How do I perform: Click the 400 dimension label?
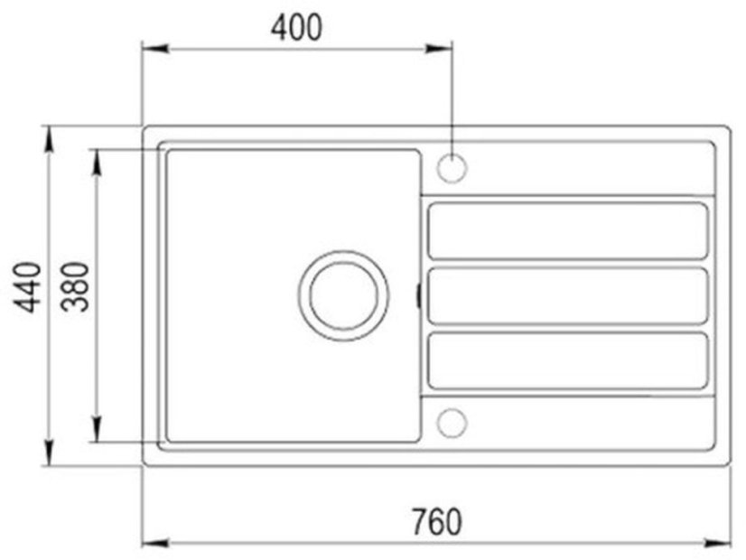click(296, 28)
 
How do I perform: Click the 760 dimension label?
click(436, 522)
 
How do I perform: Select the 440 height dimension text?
click(30, 287)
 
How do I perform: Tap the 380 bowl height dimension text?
click(76, 287)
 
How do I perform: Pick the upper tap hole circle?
click(451, 168)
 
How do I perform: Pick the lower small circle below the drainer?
click(451, 422)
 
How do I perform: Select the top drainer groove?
click(566, 231)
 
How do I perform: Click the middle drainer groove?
click(566, 295)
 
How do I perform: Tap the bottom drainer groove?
click(566, 360)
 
